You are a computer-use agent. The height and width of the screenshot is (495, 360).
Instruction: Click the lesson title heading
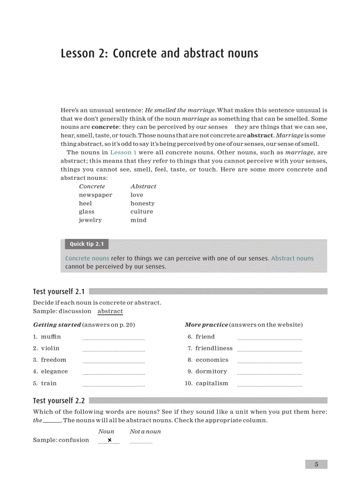click(159, 53)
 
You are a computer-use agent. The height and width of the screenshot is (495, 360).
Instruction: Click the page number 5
click(316, 464)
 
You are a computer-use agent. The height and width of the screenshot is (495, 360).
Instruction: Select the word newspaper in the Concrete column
click(95, 195)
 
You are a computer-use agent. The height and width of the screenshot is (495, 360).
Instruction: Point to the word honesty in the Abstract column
click(142, 203)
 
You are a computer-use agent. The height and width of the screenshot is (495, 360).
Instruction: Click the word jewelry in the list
click(90, 220)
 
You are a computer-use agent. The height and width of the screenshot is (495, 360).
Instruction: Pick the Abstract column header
click(143, 186)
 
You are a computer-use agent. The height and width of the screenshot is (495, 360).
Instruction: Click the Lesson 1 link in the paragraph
click(120, 153)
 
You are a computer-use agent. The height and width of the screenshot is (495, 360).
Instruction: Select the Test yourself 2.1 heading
click(59, 291)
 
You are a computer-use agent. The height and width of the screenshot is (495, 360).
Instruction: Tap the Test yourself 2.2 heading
click(59, 401)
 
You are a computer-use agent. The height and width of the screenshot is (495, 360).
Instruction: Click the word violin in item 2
click(50, 348)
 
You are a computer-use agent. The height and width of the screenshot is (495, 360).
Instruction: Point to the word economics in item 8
click(212, 360)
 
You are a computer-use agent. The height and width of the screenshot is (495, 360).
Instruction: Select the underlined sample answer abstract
click(110, 311)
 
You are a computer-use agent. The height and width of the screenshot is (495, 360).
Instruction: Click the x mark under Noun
click(109, 440)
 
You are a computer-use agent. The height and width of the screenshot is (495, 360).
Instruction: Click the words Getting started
click(57, 325)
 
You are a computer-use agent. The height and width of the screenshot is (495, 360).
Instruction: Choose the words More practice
click(206, 325)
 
